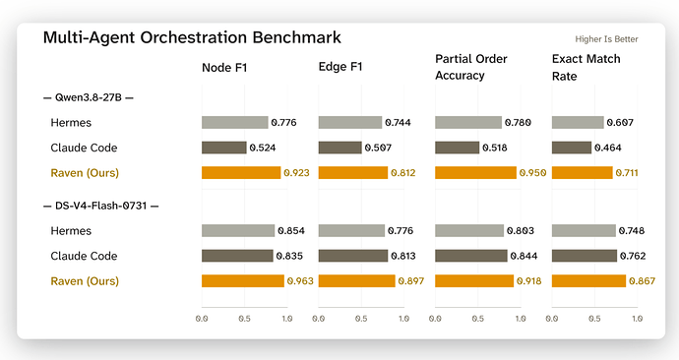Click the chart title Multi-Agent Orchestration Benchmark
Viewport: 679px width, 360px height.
(x=192, y=37)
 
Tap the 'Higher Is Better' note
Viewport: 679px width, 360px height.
(x=606, y=39)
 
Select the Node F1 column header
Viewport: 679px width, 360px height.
(x=224, y=68)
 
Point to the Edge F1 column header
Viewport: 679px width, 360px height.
(x=339, y=67)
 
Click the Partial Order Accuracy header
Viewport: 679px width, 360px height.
(x=470, y=67)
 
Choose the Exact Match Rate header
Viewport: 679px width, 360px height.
(x=586, y=68)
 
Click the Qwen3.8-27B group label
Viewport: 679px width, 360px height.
(x=89, y=97)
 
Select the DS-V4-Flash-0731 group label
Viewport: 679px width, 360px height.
(x=101, y=206)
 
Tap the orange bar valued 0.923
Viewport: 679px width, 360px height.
(x=241, y=173)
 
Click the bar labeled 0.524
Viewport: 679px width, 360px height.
(x=224, y=148)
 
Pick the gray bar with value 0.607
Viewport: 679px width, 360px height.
(x=578, y=122)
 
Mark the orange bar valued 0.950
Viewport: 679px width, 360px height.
(x=475, y=173)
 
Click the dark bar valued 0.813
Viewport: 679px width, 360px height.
(x=353, y=256)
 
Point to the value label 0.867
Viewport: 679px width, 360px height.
(x=642, y=280)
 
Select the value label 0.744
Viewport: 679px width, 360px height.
(x=398, y=122)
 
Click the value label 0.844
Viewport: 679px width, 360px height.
(x=524, y=256)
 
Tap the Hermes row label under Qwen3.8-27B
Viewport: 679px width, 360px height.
(x=71, y=122)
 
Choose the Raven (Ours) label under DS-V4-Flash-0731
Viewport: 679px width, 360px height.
(x=85, y=281)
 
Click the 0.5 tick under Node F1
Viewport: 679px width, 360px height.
(x=244, y=319)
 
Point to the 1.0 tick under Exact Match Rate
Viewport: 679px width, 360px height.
(x=637, y=319)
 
